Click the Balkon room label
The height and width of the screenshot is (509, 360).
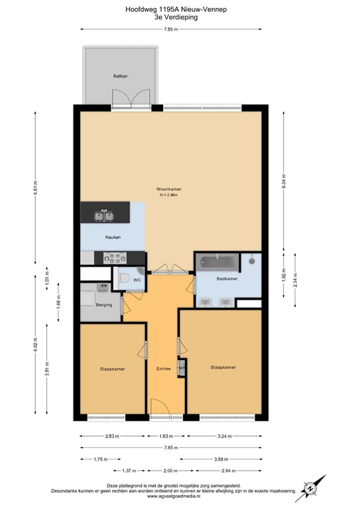click(120, 76)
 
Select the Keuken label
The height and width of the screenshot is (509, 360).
click(112, 237)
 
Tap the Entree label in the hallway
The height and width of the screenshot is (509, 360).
click(163, 368)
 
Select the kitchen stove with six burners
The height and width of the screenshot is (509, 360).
click(114, 258)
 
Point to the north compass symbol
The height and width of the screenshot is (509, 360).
click(310, 488)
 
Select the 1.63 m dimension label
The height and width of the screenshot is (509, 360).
click(166, 437)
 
